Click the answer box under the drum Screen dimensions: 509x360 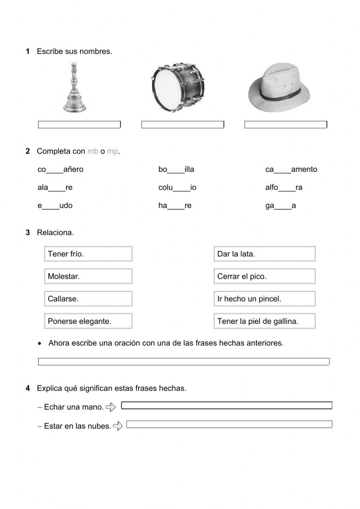[x=183, y=125]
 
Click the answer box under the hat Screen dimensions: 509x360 [x=286, y=125]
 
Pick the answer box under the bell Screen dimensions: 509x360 [x=79, y=125]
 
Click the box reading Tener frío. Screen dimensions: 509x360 [x=88, y=254]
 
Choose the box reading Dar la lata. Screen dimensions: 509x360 [x=265, y=254]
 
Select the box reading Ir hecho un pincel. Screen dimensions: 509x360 [x=265, y=299]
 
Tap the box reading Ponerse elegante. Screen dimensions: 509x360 [x=88, y=321]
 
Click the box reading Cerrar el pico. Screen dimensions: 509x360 [x=265, y=276]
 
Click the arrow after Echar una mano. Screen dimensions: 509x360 [x=111, y=407]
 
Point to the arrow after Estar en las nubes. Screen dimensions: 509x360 [x=118, y=426]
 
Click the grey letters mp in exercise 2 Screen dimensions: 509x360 [x=112, y=151]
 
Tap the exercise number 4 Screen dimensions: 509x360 [x=28, y=388]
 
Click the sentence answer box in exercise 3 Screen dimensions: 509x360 [x=184, y=362]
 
